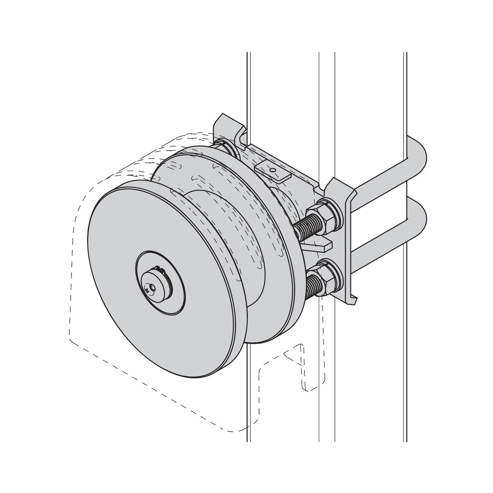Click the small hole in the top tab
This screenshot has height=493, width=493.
(x=274, y=171)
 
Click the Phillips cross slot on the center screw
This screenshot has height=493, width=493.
(x=147, y=290)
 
